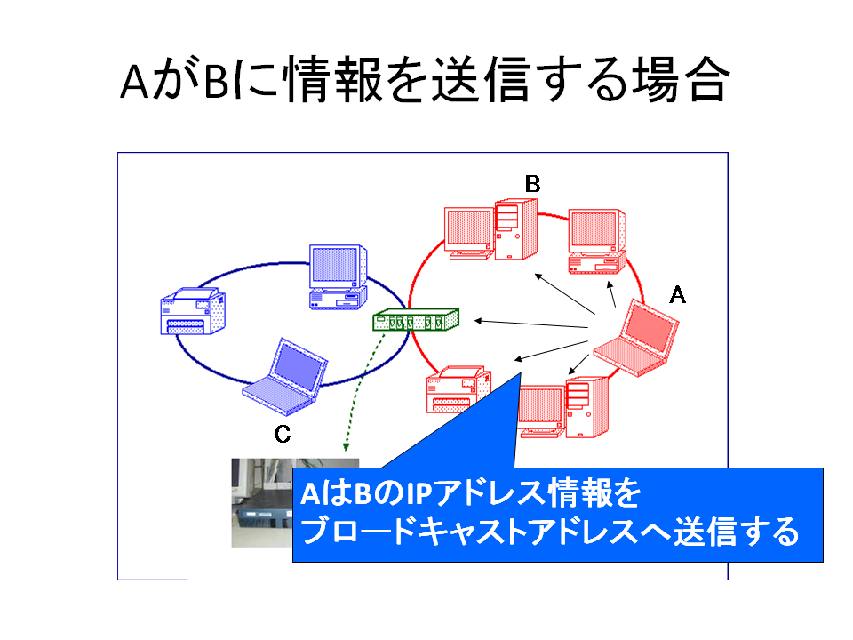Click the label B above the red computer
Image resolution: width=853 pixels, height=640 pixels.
[x=532, y=184]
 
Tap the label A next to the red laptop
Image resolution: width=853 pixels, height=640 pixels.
[x=677, y=295]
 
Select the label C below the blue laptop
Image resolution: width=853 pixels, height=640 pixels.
[x=283, y=435]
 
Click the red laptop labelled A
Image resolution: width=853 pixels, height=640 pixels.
[x=636, y=339]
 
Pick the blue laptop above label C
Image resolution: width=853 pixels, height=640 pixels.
[x=285, y=377]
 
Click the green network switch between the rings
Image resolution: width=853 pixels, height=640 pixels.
[x=416, y=320]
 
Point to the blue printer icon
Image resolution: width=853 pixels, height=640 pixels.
[x=193, y=311]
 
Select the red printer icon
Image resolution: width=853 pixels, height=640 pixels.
[x=459, y=389]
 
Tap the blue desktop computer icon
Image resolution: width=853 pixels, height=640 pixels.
[x=338, y=277]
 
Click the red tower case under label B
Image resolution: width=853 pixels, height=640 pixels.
[x=516, y=229]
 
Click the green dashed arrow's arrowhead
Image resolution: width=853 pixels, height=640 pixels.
[x=346, y=447]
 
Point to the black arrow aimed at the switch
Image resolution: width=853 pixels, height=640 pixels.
[x=531, y=324]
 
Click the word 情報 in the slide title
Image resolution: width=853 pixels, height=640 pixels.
[x=331, y=80]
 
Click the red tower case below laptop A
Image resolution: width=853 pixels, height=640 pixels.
[x=587, y=406]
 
